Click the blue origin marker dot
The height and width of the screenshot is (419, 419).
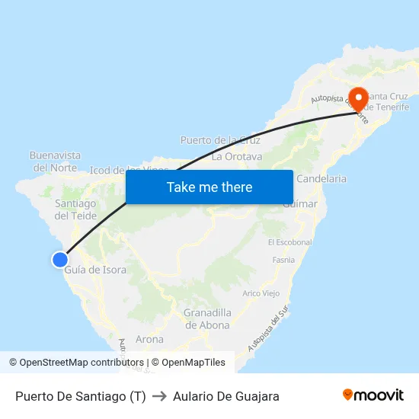[60, 260]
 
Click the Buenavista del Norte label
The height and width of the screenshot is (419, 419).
[55, 161]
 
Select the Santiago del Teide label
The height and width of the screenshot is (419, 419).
[75, 209]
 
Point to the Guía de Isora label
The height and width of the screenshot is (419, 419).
[95, 270]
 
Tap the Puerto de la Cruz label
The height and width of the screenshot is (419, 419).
[220, 140]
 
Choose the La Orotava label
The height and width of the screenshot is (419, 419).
[237, 157]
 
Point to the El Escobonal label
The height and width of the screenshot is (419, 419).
[290, 242]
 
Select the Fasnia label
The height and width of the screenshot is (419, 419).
[283, 260]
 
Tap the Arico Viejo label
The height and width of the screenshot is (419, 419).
[261, 293]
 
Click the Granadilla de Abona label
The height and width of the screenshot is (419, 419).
[207, 318]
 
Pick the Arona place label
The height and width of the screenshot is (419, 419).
[149, 339]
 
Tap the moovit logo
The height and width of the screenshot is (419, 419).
[373, 395]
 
